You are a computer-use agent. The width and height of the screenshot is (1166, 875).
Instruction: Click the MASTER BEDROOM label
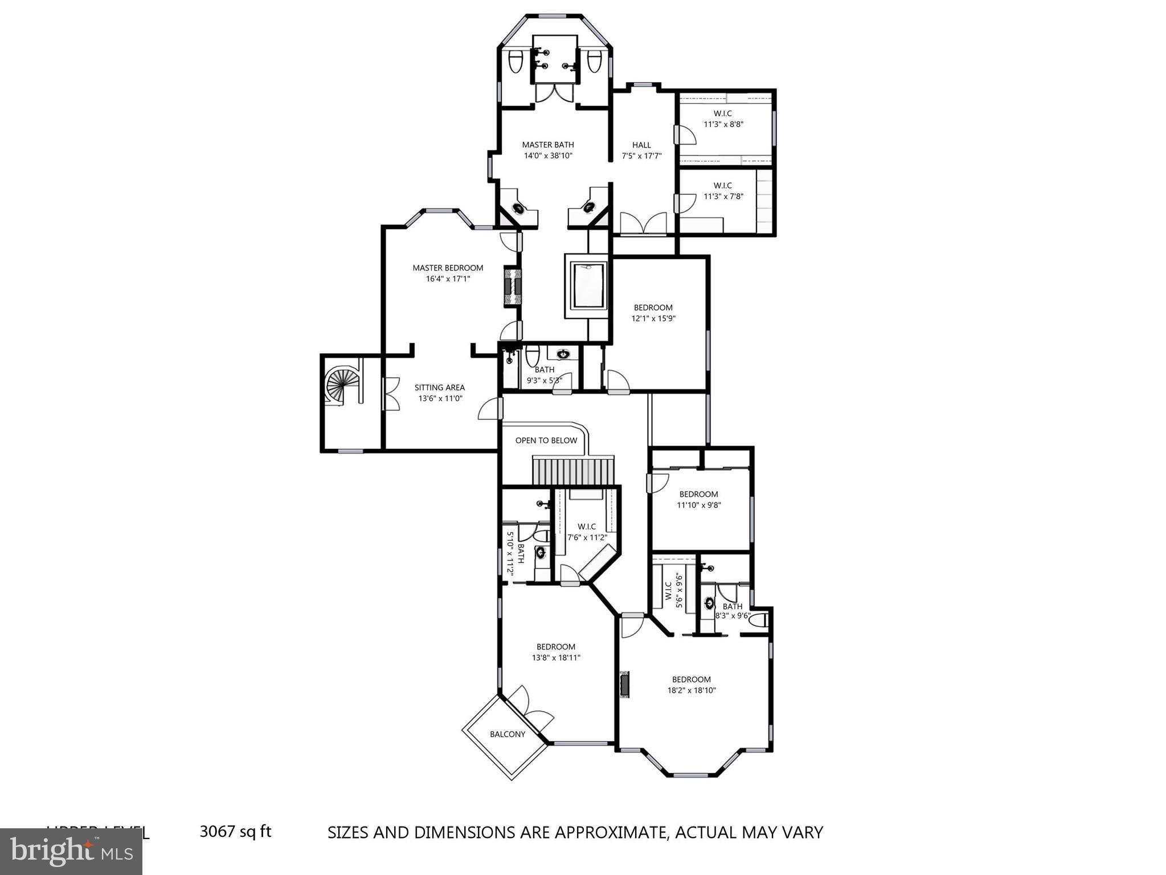point(448,268)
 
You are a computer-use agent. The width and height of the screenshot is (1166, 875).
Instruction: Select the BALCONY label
point(508,734)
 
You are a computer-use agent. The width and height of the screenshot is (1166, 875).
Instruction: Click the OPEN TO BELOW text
point(546,440)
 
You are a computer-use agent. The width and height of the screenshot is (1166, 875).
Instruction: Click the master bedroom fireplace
point(512,288)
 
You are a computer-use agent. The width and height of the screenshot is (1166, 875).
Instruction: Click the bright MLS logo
point(71,851)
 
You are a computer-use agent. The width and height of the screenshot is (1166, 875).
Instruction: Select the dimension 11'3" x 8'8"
point(723,124)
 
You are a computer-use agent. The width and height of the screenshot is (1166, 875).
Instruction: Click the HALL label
point(641,145)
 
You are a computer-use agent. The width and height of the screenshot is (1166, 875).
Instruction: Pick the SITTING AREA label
point(439,387)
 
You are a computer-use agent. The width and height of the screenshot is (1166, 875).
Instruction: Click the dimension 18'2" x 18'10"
point(691,690)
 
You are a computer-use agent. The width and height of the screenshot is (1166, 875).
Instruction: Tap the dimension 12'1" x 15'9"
point(653,318)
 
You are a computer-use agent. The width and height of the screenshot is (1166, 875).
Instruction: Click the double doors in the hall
point(643,223)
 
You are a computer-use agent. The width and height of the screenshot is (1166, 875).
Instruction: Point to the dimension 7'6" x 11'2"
point(587,537)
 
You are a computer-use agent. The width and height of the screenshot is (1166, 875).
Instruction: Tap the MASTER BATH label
point(548,145)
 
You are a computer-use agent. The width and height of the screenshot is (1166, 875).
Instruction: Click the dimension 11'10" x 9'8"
point(699,505)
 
